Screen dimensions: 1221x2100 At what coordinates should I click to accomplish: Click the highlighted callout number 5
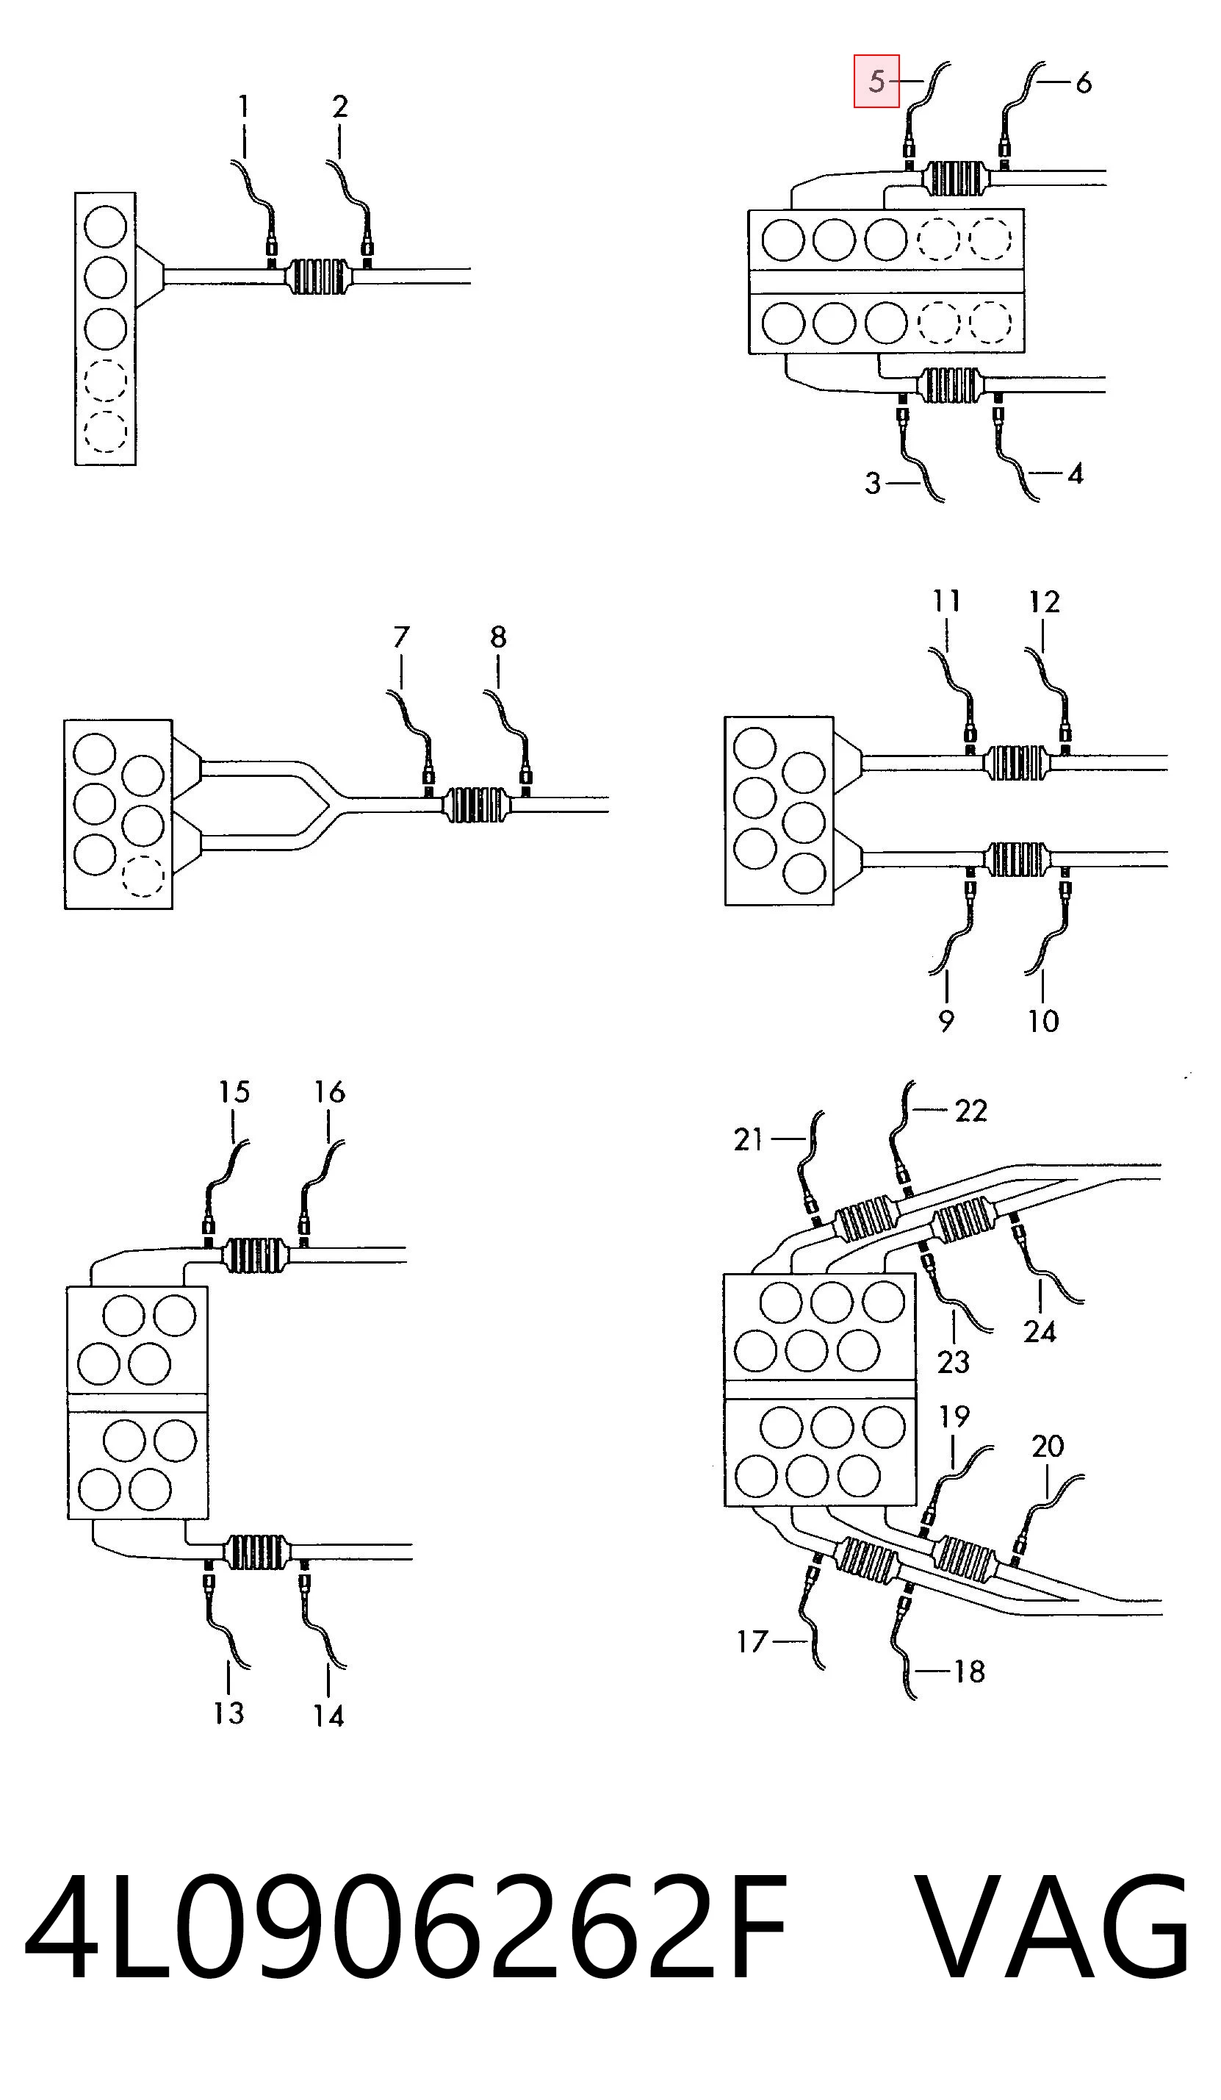(876, 82)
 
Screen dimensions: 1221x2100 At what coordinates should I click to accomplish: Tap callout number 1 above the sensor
(243, 106)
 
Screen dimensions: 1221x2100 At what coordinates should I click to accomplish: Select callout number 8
(498, 637)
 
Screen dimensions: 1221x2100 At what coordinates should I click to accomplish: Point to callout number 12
(1045, 601)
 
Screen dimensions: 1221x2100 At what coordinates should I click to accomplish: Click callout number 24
(1040, 1332)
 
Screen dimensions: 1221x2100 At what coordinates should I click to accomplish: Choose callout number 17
(752, 1641)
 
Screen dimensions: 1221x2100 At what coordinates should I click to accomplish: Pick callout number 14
(328, 1716)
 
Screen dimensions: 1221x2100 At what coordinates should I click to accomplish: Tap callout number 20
(1048, 1446)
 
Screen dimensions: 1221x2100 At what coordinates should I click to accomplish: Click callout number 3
(872, 484)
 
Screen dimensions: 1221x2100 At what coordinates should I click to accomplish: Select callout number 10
(1042, 1021)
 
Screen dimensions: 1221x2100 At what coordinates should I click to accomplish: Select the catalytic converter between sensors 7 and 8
(475, 805)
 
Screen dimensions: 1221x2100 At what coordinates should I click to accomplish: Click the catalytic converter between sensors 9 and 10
(1017, 859)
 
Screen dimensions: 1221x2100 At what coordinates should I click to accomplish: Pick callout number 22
(971, 1110)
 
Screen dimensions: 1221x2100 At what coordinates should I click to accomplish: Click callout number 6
(1083, 82)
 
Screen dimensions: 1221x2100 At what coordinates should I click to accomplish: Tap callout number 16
(329, 1092)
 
